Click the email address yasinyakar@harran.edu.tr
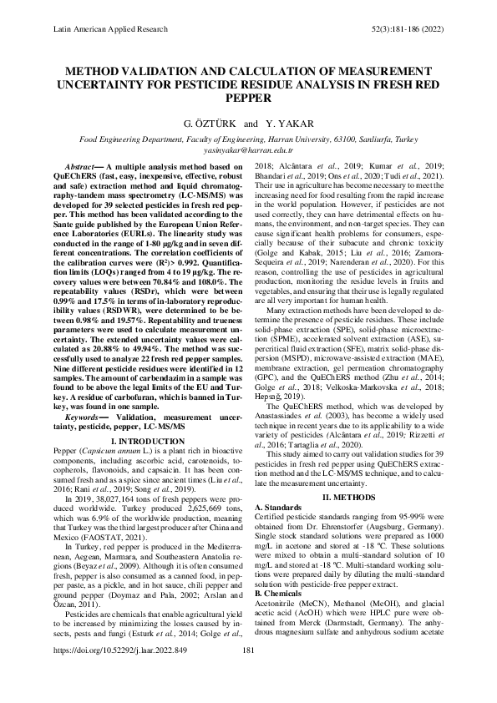[248, 151]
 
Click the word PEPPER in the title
[248, 97]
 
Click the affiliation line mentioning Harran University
[248, 142]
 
